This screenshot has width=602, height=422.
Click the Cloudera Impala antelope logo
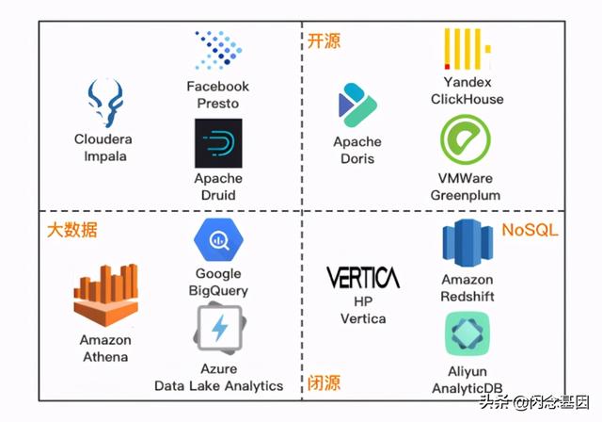(x=103, y=103)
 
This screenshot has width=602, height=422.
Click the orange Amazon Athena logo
(x=105, y=295)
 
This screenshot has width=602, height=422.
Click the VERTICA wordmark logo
(x=362, y=277)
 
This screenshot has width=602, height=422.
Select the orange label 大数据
(x=72, y=230)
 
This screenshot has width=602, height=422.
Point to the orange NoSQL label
(x=530, y=230)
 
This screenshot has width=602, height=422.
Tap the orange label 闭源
(x=325, y=382)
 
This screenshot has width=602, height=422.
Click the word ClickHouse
(x=467, y=99)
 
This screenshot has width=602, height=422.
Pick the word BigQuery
(x=218, y=291)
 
